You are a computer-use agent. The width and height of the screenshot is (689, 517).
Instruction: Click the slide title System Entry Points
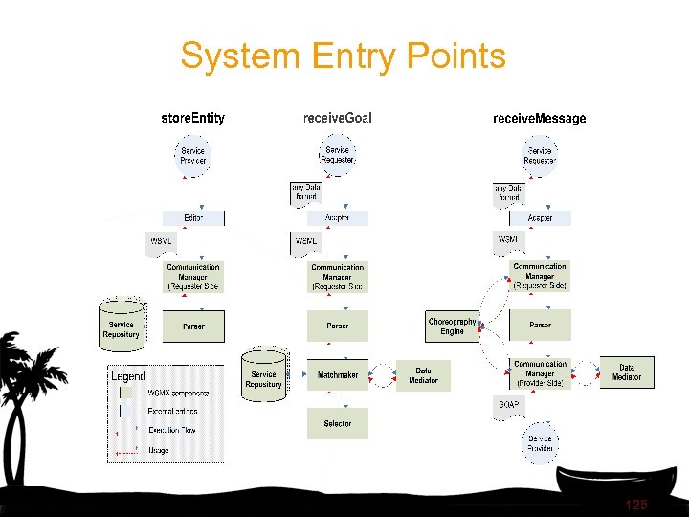[x=343, y=56]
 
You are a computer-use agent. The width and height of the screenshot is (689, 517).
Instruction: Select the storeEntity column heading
[x=192, y=119]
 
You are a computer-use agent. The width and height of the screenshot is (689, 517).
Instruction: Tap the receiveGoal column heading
[x=337, y=119]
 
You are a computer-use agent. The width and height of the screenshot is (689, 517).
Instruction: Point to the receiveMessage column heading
[x=539, y=119]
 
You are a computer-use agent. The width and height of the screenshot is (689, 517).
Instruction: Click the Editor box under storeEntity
[x=193, y=218]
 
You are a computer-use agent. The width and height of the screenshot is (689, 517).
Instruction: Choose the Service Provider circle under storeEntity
[x=193, y=155]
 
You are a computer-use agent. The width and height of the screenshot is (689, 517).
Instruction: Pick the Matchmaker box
[x=337, y=375]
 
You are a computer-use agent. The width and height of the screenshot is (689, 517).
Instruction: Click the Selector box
[x=337, y=423]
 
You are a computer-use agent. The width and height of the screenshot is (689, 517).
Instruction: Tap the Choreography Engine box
[x=453, y=326]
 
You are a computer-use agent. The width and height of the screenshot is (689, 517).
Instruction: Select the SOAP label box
[x=508, y=405]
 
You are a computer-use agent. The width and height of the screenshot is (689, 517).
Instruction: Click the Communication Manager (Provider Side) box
[x=540, y=373]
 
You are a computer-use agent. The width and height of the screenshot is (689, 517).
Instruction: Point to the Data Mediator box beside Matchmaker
[x=423, y=375]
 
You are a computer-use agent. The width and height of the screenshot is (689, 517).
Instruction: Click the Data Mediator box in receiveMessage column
[x=626, y=372]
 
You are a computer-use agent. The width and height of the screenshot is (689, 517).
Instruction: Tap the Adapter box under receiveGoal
[x=337, y=218]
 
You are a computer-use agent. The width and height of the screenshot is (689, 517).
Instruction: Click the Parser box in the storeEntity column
[x=193, y=326]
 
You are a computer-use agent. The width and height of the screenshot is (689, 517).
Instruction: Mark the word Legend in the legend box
[x=129, y=376]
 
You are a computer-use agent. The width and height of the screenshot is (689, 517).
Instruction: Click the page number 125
[x=635, y=504]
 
